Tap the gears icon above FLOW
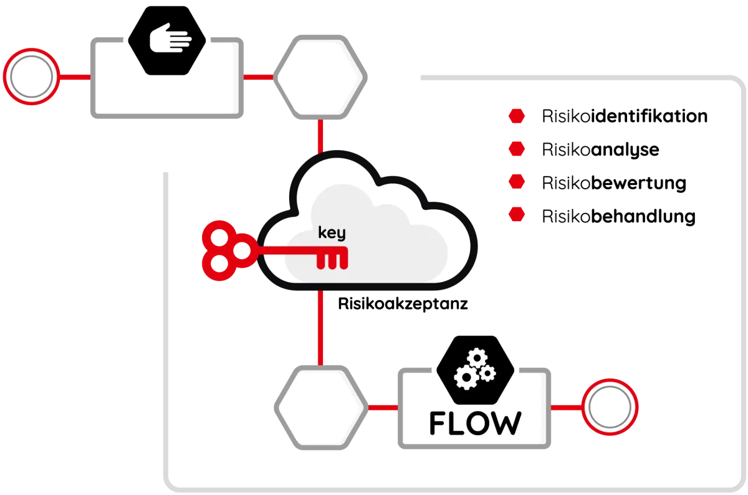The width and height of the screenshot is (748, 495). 475,369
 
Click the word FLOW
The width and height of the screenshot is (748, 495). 475,423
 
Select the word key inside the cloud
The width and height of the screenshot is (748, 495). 332,233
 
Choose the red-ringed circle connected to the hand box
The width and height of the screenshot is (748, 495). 31,77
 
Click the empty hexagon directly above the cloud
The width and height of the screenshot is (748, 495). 319,77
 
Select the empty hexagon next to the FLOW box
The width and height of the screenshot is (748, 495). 319,408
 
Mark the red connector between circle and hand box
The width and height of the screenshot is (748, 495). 75,77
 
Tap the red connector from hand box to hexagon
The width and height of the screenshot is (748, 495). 258,77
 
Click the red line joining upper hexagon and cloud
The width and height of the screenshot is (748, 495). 320,136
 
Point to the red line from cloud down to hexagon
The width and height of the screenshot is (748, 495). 320,327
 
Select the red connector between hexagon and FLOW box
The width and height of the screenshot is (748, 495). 381,408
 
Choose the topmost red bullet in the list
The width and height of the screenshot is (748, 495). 515,116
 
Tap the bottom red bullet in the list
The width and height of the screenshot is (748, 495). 515,215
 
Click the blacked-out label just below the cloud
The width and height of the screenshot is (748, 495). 401,306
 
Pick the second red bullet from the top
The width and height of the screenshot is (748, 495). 515,149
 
